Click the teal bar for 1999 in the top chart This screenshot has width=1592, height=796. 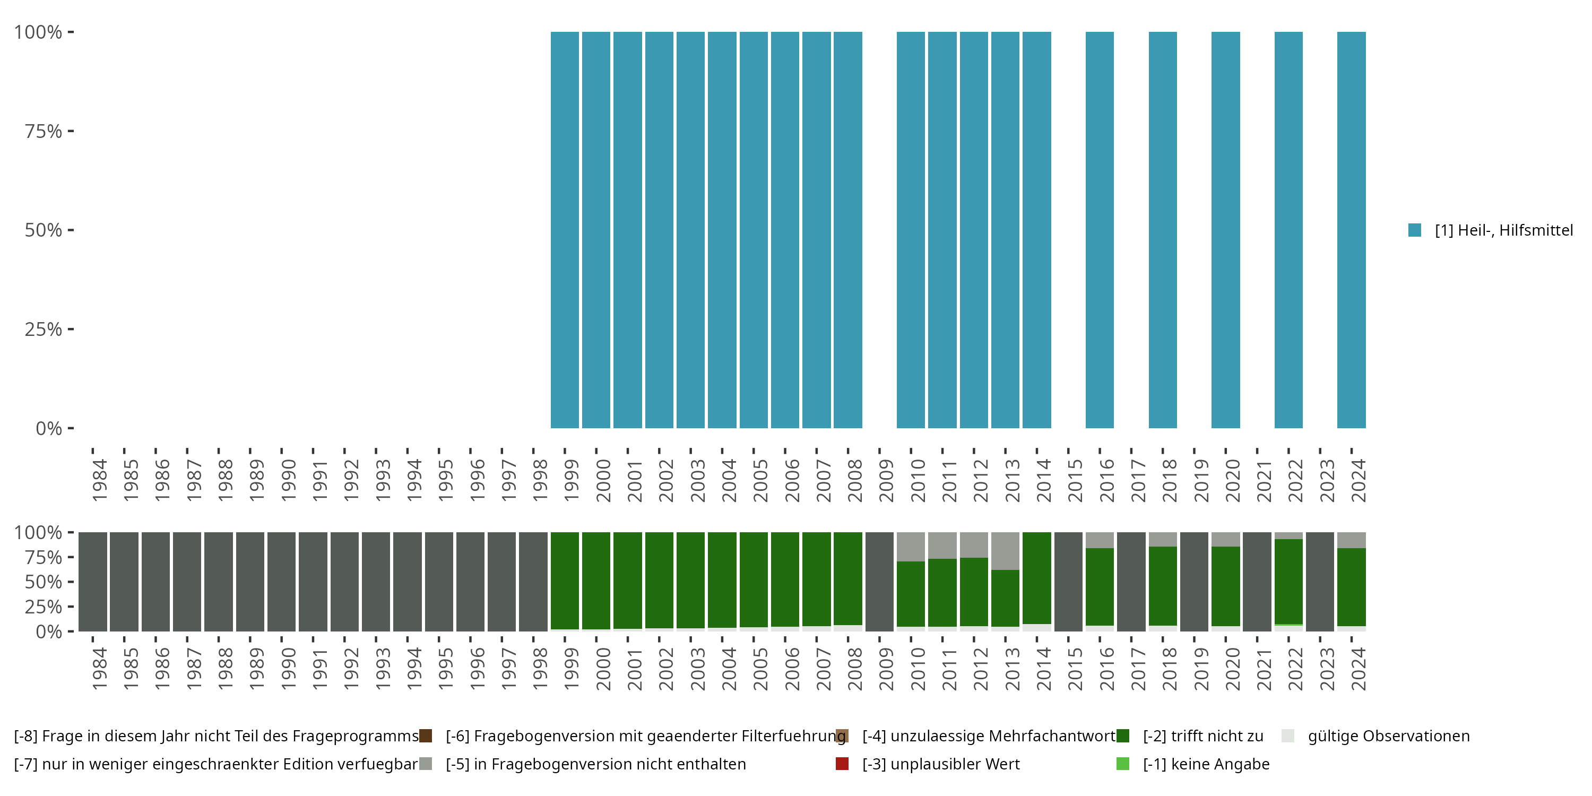(x=564, y=230)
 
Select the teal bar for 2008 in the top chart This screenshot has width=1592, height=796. (x=847, y=230)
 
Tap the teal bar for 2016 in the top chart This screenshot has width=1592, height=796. (x=1100, y=230)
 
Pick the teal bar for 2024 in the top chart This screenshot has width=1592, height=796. (x=1351, y=230)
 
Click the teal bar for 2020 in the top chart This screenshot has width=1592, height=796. (x=1225, y=230)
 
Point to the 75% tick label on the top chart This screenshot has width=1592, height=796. (x=44, y=132)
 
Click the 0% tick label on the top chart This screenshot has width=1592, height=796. (x=48, y=428)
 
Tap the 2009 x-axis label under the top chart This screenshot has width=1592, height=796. (x=886, y=480)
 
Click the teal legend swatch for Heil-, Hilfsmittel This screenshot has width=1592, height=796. (x=1415, y=230)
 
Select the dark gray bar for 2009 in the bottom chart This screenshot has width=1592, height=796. (x=879, y=582)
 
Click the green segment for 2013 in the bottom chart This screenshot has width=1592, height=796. (x=1005, y=598)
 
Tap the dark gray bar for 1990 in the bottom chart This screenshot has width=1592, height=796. (x=281, y=582)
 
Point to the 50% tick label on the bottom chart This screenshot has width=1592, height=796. (x=44, y=582)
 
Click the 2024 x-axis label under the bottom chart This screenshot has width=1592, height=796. (x=1359, y=669)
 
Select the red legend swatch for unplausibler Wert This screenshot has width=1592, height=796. (x=842, y=764)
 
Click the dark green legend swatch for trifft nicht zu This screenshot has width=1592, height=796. (x=1123, y=736)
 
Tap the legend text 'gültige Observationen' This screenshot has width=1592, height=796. (x=1388, y=736)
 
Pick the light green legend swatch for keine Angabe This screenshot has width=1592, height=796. (x=1123, y=764)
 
